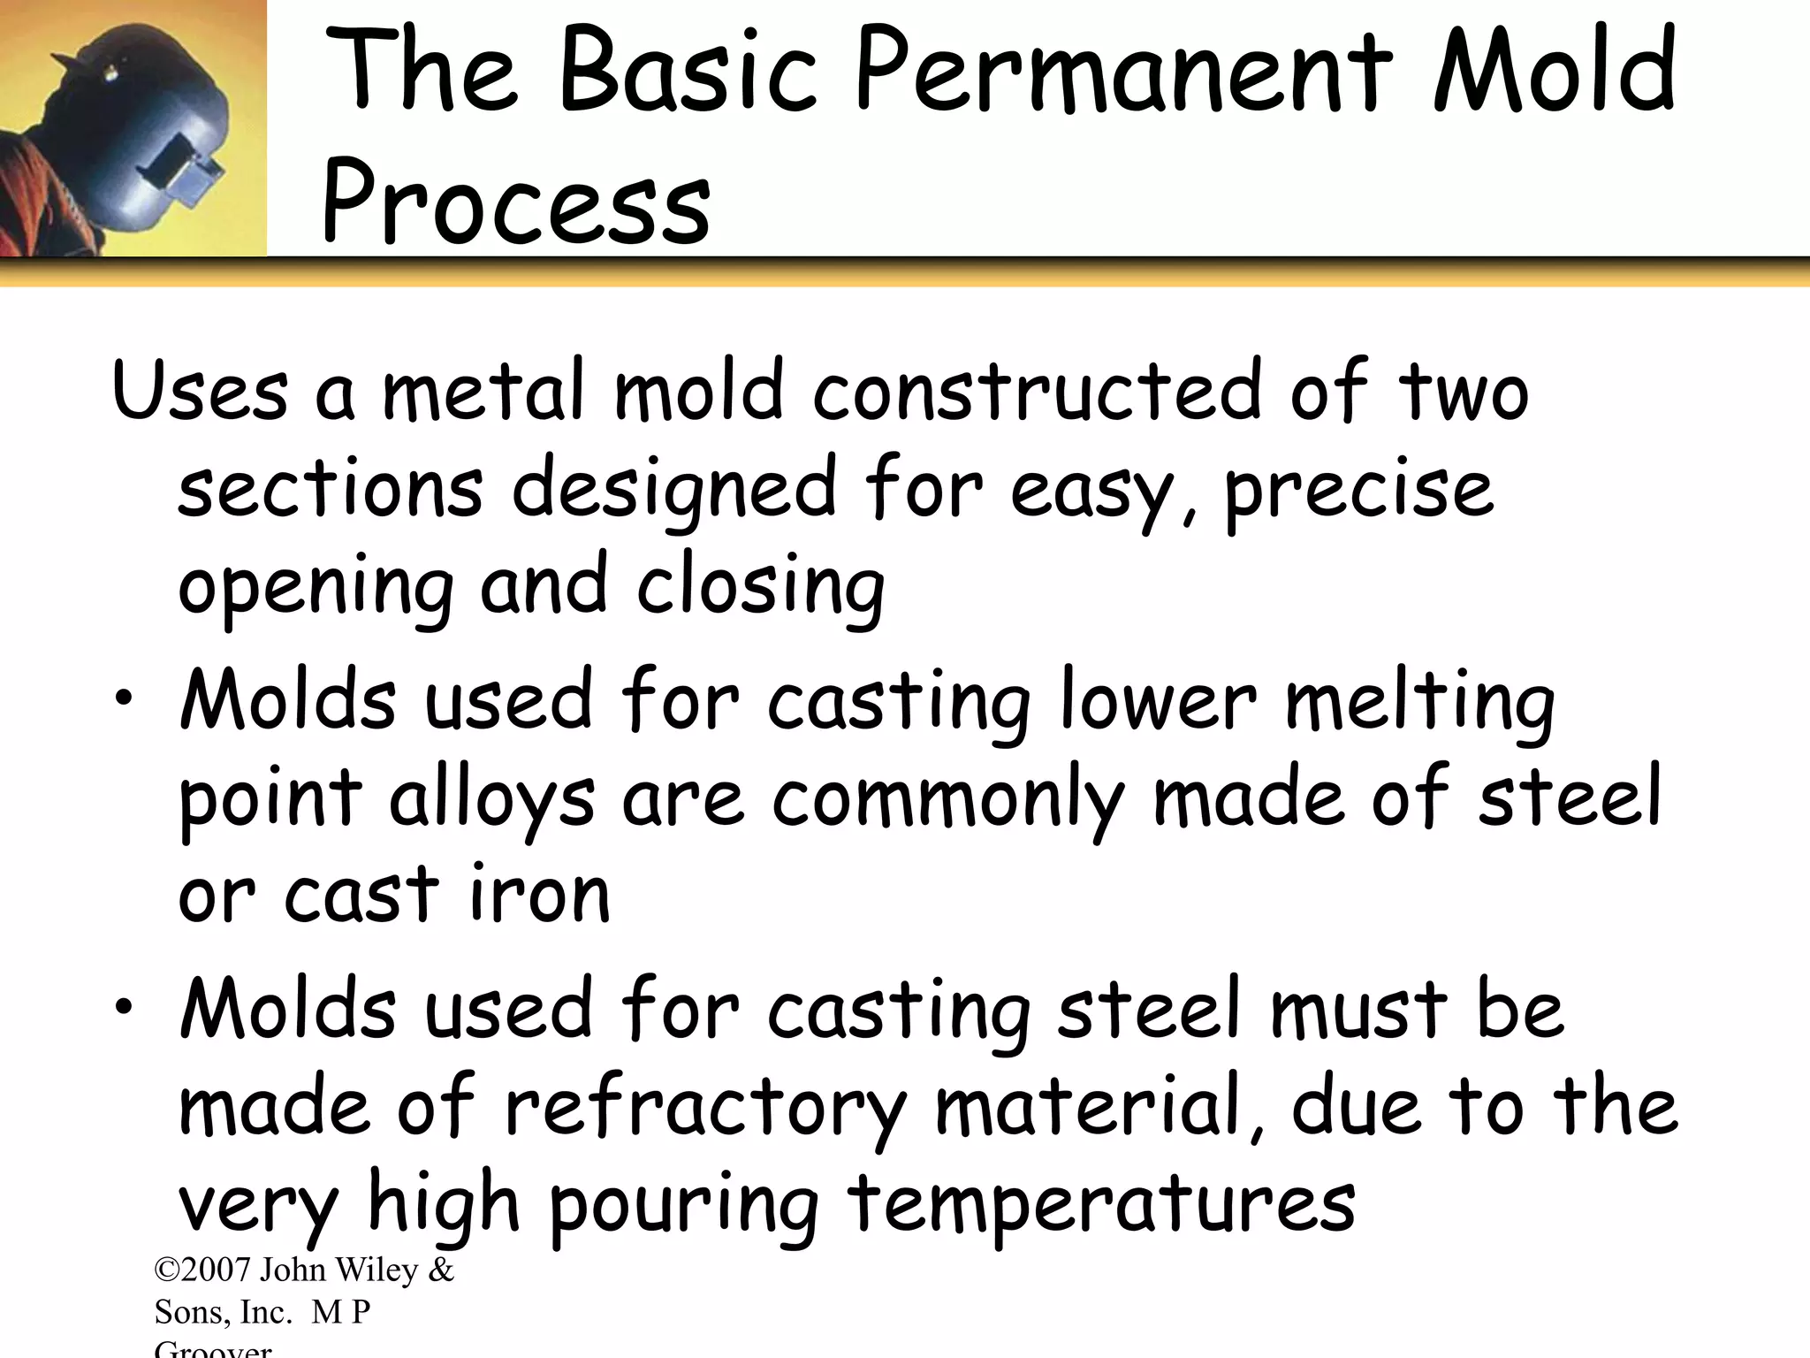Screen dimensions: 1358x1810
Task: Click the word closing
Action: (x=760, y=588)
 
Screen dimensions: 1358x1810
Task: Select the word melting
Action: (x=1419, y=703)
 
